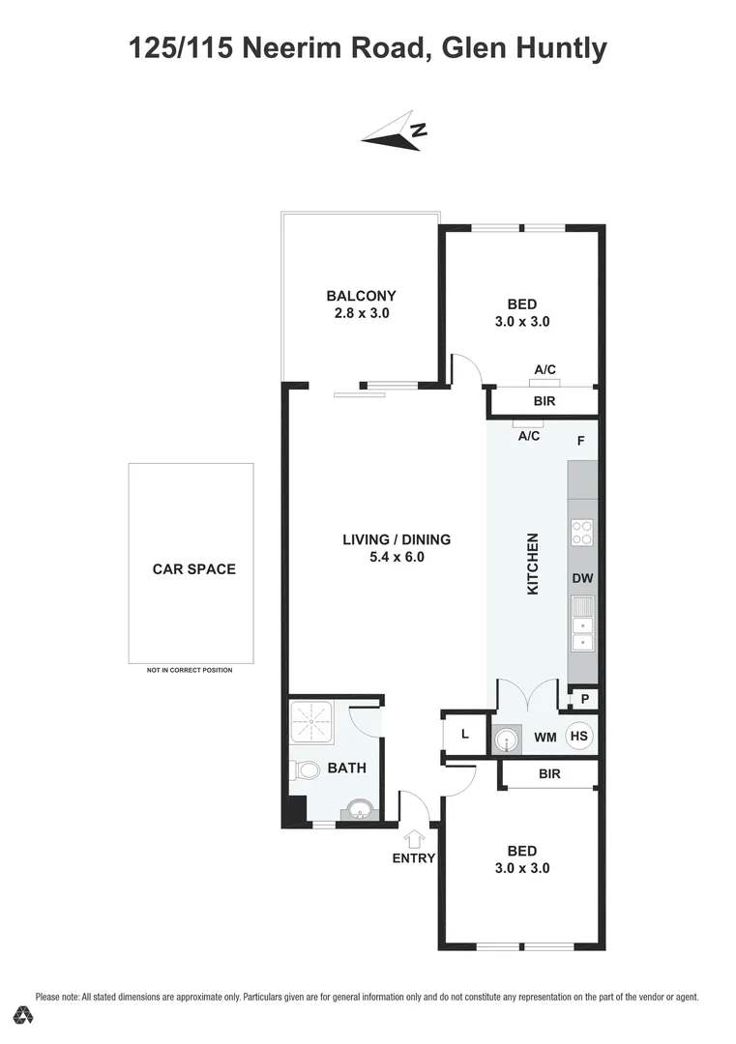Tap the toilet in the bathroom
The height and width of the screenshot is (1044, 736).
[306, 770]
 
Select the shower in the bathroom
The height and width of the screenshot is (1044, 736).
[312, 724]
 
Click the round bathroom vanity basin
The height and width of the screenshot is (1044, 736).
[357, 809]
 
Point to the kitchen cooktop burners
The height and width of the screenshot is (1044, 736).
[583, 533]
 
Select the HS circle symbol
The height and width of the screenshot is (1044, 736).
[578, 736]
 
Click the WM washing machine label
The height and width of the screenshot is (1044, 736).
[545, 737]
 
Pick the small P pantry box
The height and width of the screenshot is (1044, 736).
[583, 698]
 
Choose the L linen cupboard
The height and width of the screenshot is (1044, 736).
[464, 734]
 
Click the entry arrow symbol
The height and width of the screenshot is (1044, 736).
[416, 839]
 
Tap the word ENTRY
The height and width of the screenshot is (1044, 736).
[414, 858]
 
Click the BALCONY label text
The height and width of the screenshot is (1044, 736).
[361, 296]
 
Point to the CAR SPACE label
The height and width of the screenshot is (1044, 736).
[193, 569]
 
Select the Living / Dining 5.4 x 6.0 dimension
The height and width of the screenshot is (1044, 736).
[397, 557]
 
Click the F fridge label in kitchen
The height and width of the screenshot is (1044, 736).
[580, 441]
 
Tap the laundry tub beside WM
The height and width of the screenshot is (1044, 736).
[506, 739]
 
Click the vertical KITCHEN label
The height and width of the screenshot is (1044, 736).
[532, 564]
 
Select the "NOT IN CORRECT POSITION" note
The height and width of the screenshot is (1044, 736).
[190, 670]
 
